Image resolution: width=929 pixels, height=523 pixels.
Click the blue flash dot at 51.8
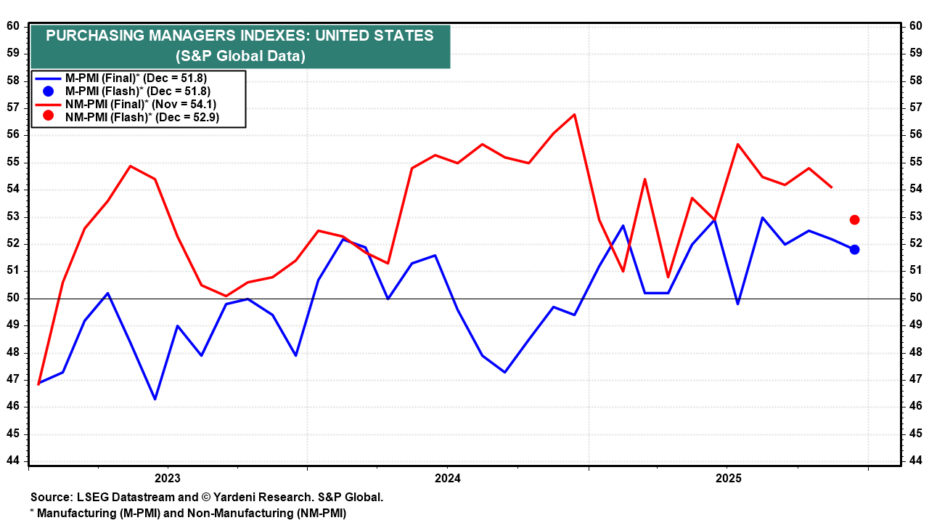pyautogui.click(x=854, y=249)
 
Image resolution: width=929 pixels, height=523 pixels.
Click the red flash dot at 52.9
pyautogui.click(x=854, y=219)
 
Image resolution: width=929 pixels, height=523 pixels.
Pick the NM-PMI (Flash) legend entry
pyautogui.click(x=142, y=116)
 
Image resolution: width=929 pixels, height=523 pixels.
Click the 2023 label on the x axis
pyautogui.click(x=168, y=478)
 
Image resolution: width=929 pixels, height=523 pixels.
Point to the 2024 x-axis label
pyautogui.click(x=448, y=478)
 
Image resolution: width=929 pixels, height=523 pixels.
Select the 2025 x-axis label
pyautogui.click(x=728, y=478)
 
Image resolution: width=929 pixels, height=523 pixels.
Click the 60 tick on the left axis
pyautogui.click(x=14, y=26)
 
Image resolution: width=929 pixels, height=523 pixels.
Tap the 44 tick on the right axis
pyautogui.click(x=915, y=461)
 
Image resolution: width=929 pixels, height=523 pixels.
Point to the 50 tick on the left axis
pyautogui.click(x=14, y=298)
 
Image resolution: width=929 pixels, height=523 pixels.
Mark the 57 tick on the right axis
pyautogui.click(x=915, y=108)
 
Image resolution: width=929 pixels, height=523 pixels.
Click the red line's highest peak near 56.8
pyautogui.click(x=574, y=114)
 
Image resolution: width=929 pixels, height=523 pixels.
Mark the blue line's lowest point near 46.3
pyautogui.click(x=155, y=399)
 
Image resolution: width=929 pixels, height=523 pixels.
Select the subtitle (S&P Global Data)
pyautogui.click(x=240, y=56)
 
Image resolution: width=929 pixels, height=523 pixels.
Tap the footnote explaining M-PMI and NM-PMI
pyautogui.click(x=188, y=513)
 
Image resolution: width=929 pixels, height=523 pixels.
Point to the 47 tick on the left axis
pyautogui.click(x=14, y=379)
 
